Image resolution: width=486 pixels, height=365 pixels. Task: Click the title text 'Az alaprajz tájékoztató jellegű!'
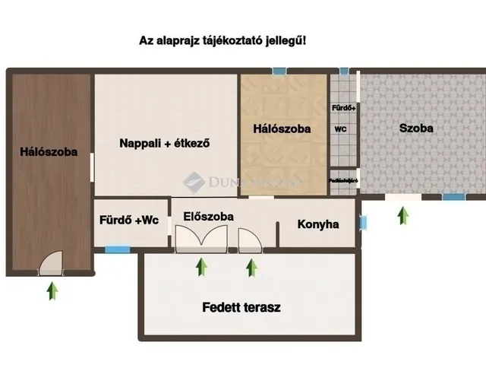pos(222,41)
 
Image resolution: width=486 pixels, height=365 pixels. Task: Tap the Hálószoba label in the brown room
pos(49,152)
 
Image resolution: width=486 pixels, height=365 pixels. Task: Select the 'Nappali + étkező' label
pos(164,142)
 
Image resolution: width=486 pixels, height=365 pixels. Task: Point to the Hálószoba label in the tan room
pos(282,129)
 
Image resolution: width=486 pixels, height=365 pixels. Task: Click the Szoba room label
pos(416,129)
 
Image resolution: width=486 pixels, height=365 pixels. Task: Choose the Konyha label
pos(318,224)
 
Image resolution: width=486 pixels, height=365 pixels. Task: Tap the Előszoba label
pos(209,217)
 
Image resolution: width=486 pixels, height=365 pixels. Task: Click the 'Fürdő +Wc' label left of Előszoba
pos(129,221)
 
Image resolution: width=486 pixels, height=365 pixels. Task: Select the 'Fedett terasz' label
pos(242,308)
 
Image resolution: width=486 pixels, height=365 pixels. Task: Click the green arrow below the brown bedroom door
pos(52,290)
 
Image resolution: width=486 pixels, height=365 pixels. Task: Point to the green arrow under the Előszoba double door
pos(201,266)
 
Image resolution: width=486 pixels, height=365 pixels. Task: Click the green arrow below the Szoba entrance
pos(403,215)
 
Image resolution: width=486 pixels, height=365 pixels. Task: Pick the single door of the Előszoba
pos(249,242)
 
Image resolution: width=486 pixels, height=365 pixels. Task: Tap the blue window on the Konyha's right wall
pos(363,224)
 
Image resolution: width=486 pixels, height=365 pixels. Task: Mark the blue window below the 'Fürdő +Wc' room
pos(117,248)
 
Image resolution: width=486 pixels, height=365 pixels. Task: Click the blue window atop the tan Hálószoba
pos(280,71)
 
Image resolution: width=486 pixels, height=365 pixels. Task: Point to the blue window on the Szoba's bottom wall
pos(453,197)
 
